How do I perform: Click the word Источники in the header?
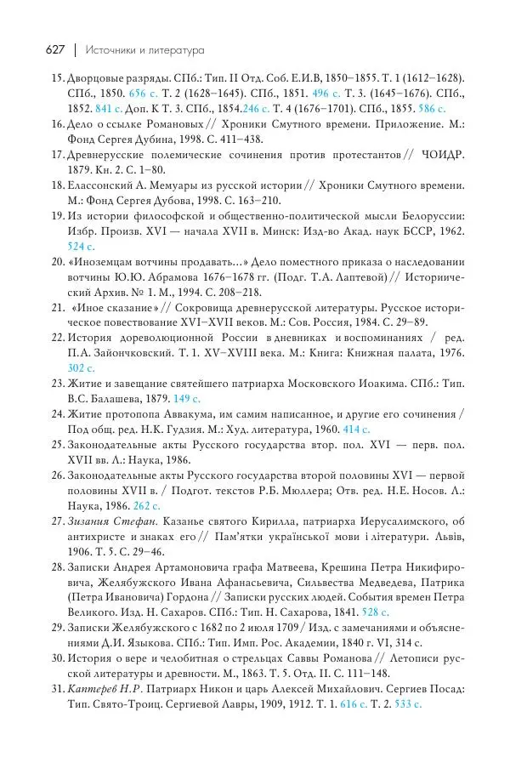click(x=116, y=50)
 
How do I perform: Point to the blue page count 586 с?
click(x=431, y=110)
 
